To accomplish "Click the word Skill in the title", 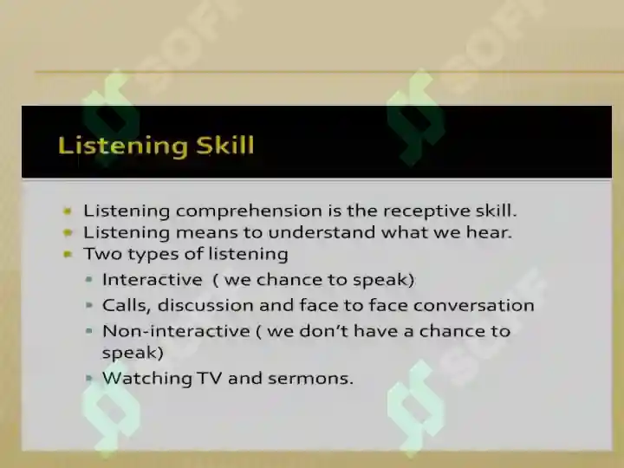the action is (224, 145).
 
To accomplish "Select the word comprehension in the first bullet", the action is (249, 211).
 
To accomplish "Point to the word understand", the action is (322, 232).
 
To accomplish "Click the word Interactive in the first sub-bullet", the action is (152, 279).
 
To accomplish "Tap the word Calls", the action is (127, 306).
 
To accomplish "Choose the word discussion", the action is (205, 305).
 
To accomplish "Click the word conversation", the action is (473, 306).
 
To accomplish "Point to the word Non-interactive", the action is (176, 331).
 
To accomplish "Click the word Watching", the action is (147, 379).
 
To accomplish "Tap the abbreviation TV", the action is (210, 378).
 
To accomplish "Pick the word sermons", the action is (310, 379).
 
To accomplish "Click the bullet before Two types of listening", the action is (68, 254).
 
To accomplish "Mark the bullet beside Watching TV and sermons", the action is (89, 378).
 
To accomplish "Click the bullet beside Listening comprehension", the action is (68, 211).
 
